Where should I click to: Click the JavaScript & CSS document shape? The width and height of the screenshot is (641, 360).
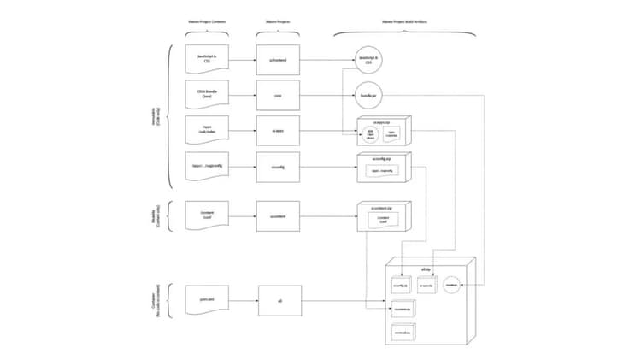click(206, 62)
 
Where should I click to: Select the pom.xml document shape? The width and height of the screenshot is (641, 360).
click(206, 300)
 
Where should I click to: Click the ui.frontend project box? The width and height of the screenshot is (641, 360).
click(278, 62)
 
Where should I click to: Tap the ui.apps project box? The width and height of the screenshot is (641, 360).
click(278, 131)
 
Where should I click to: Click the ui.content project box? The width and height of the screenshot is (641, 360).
click(278, 216)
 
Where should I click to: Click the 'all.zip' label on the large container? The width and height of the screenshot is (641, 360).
click(425, 269)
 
